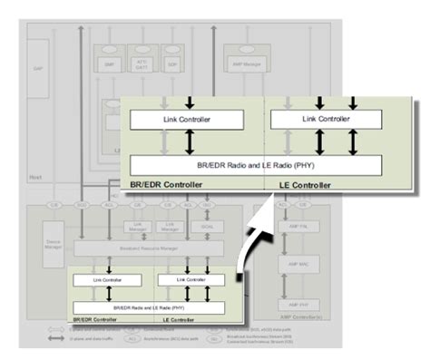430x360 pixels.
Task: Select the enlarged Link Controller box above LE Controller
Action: [322, 118]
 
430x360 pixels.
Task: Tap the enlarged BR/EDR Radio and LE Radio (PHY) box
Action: [256, 164]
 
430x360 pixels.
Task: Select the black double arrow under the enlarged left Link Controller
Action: [189, 141]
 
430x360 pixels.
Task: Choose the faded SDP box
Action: [172, 64]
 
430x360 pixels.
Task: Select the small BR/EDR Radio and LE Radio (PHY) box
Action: [150, 307]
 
